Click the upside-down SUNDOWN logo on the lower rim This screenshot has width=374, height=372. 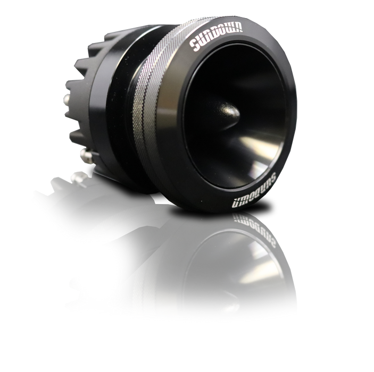[x=254, y=191]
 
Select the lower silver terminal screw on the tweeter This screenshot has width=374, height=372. [x=86, y=156]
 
